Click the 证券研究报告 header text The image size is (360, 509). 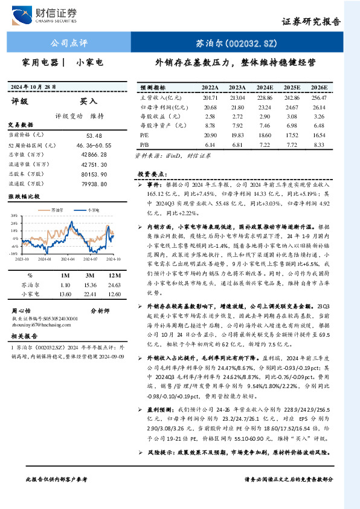coord(311,21)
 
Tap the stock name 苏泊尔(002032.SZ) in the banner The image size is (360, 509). coord(227,44)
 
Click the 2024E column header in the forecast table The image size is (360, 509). coord(265,88)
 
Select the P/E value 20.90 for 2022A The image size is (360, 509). coord(210,135)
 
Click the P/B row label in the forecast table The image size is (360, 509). coord(144,145)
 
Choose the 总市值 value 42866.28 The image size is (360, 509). coord(96,154)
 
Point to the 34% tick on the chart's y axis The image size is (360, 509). coord(14,215)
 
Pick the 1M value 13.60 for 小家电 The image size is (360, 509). coord(65,294)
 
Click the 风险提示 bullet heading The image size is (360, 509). coord(158,452)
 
